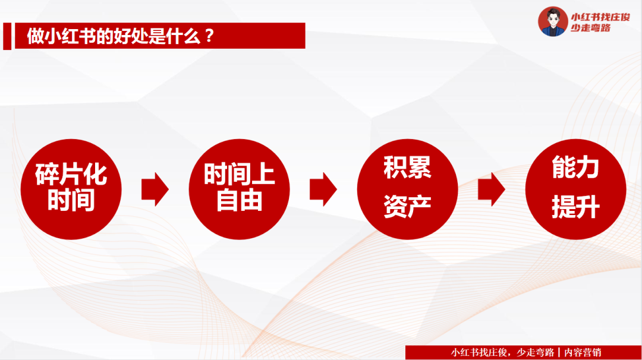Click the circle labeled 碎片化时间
[71, 190]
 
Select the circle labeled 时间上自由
[239, 190]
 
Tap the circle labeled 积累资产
[407, 190]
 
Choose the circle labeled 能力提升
[575, 190]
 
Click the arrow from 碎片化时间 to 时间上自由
[155, 190]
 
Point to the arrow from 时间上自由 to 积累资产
[323, 190]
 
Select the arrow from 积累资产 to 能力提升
[491, 190]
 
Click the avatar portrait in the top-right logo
[552, 21]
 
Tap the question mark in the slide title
[209, 36]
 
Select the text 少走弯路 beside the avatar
[591, 28]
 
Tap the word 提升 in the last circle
[575, 208]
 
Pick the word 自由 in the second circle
[239, 201]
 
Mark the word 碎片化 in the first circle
[71, 175]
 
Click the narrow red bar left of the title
[7, 36]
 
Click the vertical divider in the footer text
[559, 352]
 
